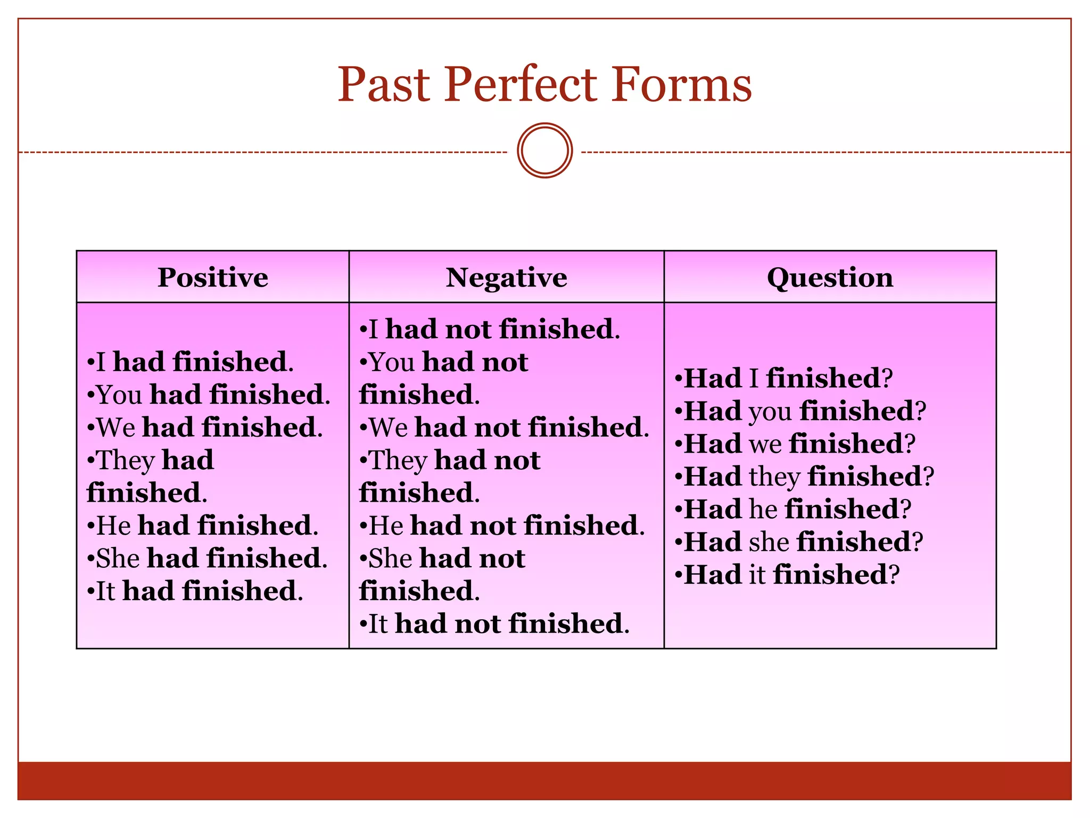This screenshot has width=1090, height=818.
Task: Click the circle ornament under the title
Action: (544, 150)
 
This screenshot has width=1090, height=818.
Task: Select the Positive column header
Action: (212, 277)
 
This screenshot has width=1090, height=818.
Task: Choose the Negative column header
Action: (506, 277)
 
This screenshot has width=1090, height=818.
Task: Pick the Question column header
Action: (830, 277)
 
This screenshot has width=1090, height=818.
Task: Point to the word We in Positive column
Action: (116, 428)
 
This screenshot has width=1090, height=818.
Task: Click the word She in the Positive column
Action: (118, 559)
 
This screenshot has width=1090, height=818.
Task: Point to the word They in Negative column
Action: (398, 461)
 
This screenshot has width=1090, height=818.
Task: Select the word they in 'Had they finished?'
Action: (774, 477)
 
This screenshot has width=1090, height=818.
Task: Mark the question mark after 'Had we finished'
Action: (910, 444)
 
